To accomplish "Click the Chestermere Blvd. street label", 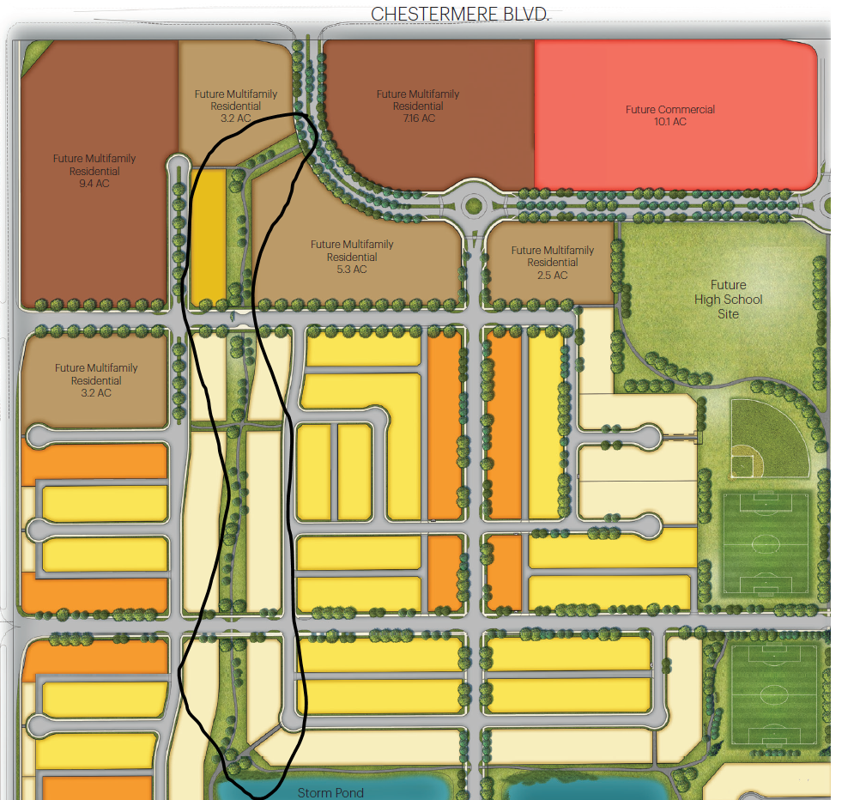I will [x=460, y=15].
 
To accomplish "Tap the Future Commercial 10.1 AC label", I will [x=669, y=116].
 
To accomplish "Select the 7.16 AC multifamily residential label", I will [x=418, y=106].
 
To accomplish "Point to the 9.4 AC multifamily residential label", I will [x=94, y=171].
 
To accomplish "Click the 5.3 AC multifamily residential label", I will [x=352, y=257].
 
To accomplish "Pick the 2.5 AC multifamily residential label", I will [x=552, y=263].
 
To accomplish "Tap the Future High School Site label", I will [x=728, y=299].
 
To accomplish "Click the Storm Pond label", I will [x=330, y=792].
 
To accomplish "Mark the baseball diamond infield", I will [x=745, y=465].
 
